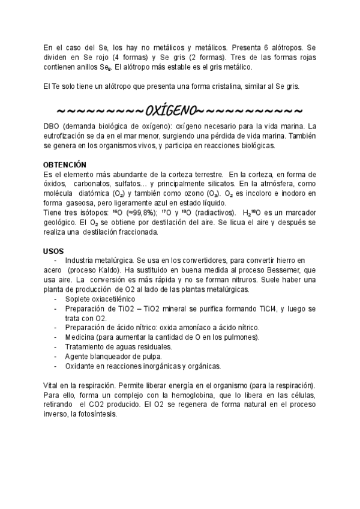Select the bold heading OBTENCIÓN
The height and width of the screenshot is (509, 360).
[x=65, y=164]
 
